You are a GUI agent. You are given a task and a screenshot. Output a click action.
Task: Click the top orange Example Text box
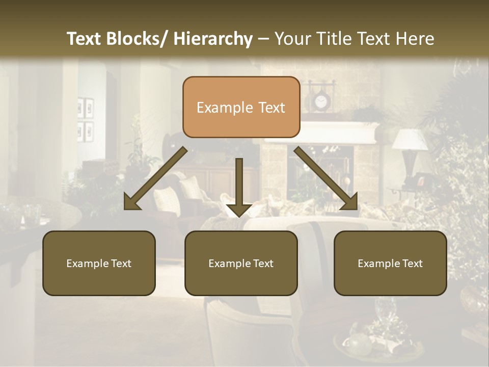point(241,107)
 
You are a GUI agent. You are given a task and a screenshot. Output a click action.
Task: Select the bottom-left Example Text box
point(99,263)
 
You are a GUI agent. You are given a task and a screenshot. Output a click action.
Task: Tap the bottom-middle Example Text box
point(241,263)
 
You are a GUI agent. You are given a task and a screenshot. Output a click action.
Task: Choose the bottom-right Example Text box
point(390,263)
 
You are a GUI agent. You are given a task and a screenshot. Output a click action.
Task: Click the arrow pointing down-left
point(155,178)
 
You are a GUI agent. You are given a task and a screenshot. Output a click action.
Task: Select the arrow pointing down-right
point(326,178)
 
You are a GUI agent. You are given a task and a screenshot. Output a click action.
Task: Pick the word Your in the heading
point(292,39)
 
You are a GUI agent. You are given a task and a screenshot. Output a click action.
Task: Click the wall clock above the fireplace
point(320,102)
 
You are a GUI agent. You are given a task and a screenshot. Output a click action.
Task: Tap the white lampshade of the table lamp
point(411,139)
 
